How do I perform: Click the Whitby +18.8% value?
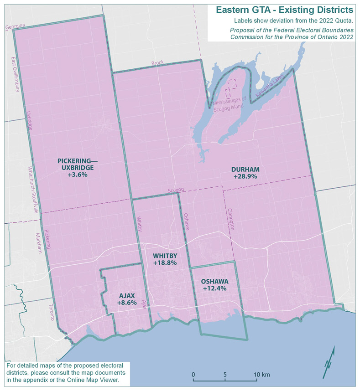point(165,263)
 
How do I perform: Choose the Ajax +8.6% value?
point(127,302)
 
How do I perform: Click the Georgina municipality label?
point(15,27)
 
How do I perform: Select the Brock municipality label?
point(157,63)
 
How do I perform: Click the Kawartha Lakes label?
point(270,85)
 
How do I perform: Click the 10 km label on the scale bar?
point(262,375)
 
